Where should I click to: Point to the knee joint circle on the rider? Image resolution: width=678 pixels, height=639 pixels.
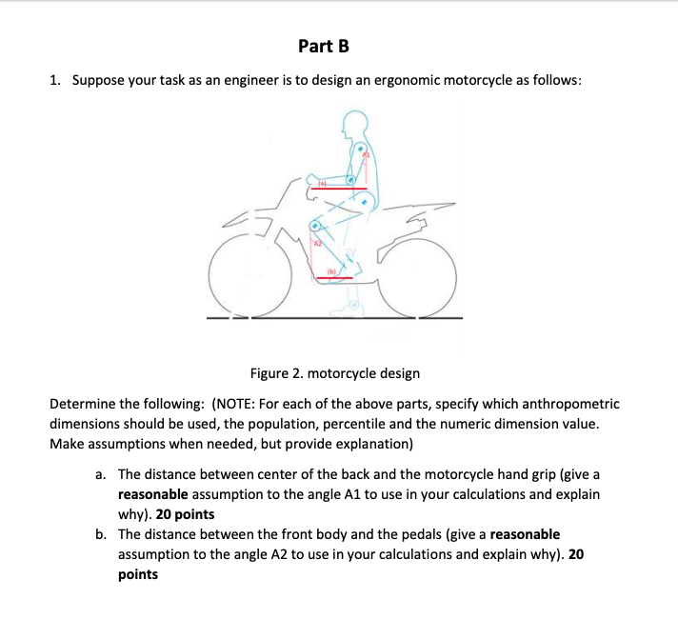[313, 226]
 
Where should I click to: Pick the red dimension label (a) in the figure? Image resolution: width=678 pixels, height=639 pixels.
[322, 183]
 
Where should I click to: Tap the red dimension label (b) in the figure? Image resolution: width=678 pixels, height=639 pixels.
[331, 272]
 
